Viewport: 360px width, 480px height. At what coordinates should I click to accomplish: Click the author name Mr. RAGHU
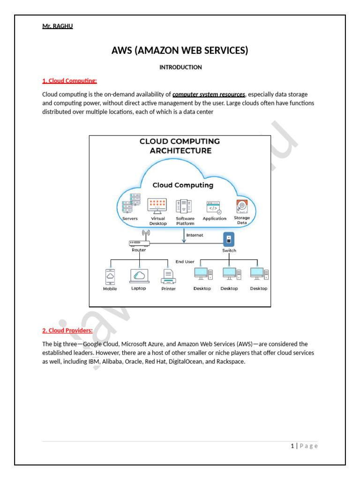tap(57, 26)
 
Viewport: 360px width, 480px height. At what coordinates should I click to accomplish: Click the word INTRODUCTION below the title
tap(180, 67)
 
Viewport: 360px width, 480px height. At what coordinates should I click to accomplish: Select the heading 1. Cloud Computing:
tap(69, 81)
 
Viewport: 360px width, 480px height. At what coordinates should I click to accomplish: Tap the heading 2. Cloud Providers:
tap(67, 330)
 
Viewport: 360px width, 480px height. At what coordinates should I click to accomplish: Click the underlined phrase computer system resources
tap(209, 94)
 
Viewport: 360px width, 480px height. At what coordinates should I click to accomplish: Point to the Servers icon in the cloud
tap(131, 203)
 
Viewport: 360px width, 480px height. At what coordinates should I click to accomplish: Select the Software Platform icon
tap(185, 206)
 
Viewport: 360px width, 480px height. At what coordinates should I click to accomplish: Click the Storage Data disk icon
tap(242, 206)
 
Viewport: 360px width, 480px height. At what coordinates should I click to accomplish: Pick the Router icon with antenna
tap(139, 240)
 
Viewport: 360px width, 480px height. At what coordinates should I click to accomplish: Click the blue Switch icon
tap(229, 240)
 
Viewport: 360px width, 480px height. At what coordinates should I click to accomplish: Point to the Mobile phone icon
tap(110, 277)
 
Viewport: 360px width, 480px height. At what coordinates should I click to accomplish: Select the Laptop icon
tap(139, 276)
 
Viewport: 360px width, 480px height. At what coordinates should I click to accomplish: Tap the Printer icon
tap(168, 277)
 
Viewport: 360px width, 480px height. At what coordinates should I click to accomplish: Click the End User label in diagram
tap(185, 262)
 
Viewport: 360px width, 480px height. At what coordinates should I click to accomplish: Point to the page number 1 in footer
tap(292, 446)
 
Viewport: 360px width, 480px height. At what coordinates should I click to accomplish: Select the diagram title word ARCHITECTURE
tap(180, 151)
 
